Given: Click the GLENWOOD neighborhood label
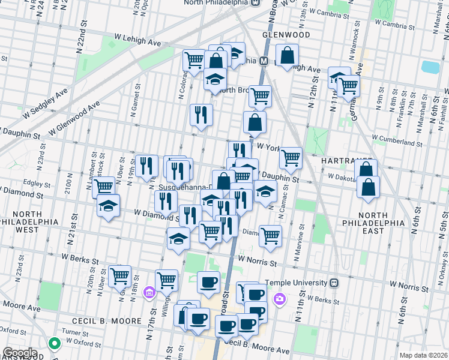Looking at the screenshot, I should pyautogui.click(x=286, y=35).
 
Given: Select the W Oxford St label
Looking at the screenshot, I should pyautogui.click(x=87, y=341).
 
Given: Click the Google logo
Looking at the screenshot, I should pyautogui.click(x=20, y=352).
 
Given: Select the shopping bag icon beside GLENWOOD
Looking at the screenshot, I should pyautogui.click(x=288, y=55).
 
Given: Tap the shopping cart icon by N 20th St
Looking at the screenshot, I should pyautogui.click(x=120, y=276).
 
